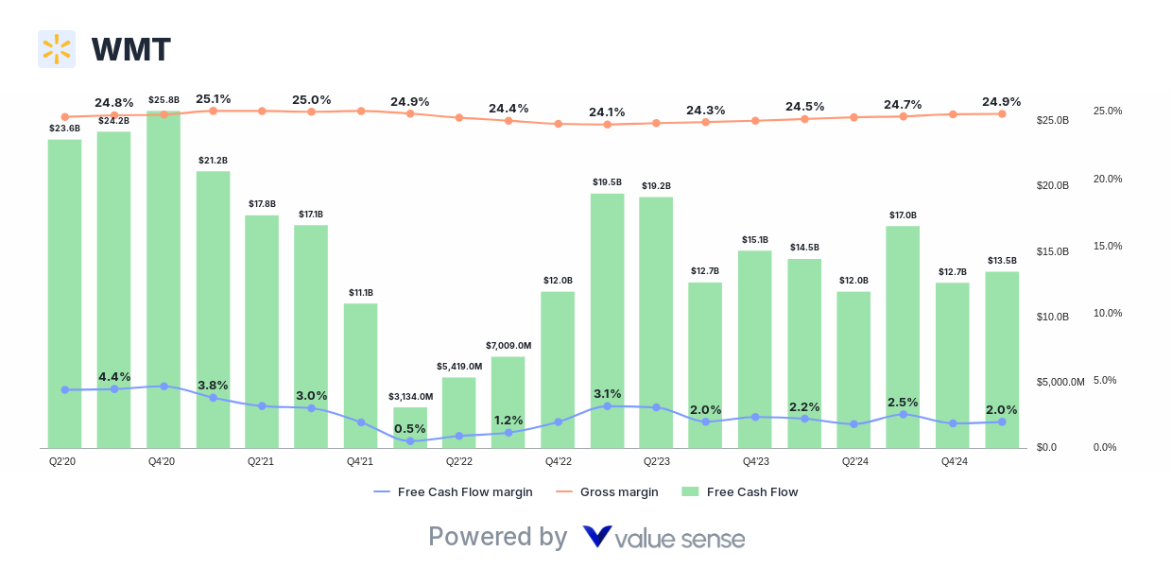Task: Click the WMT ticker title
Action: click(130, 49)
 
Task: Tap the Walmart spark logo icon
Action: click(57, 49)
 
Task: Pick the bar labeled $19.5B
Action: click(608, 320)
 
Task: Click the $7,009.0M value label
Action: click(508, 345)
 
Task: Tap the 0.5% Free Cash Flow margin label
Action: click(410, 428)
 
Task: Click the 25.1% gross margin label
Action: click(214, 98)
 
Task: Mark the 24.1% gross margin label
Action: click(607, 112)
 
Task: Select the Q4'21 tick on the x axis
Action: click(359, 461)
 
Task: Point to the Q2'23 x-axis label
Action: click(657, 461)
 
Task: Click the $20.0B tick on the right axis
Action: click(1052, 186)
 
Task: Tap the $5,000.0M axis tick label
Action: click(1060, 383)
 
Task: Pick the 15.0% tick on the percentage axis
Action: click(1108, 246)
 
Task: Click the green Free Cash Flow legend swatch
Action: click(690, 491)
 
